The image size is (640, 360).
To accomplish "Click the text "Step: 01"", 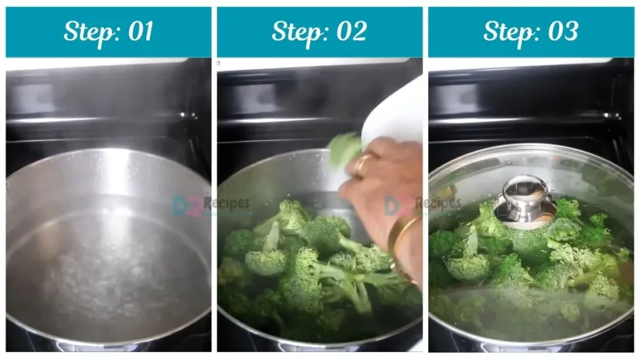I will pos(108,31).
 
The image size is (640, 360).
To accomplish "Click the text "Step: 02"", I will pos(319,31).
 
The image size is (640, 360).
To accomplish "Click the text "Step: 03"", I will pos(531,31).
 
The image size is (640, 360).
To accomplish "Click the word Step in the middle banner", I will pos(294,31).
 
